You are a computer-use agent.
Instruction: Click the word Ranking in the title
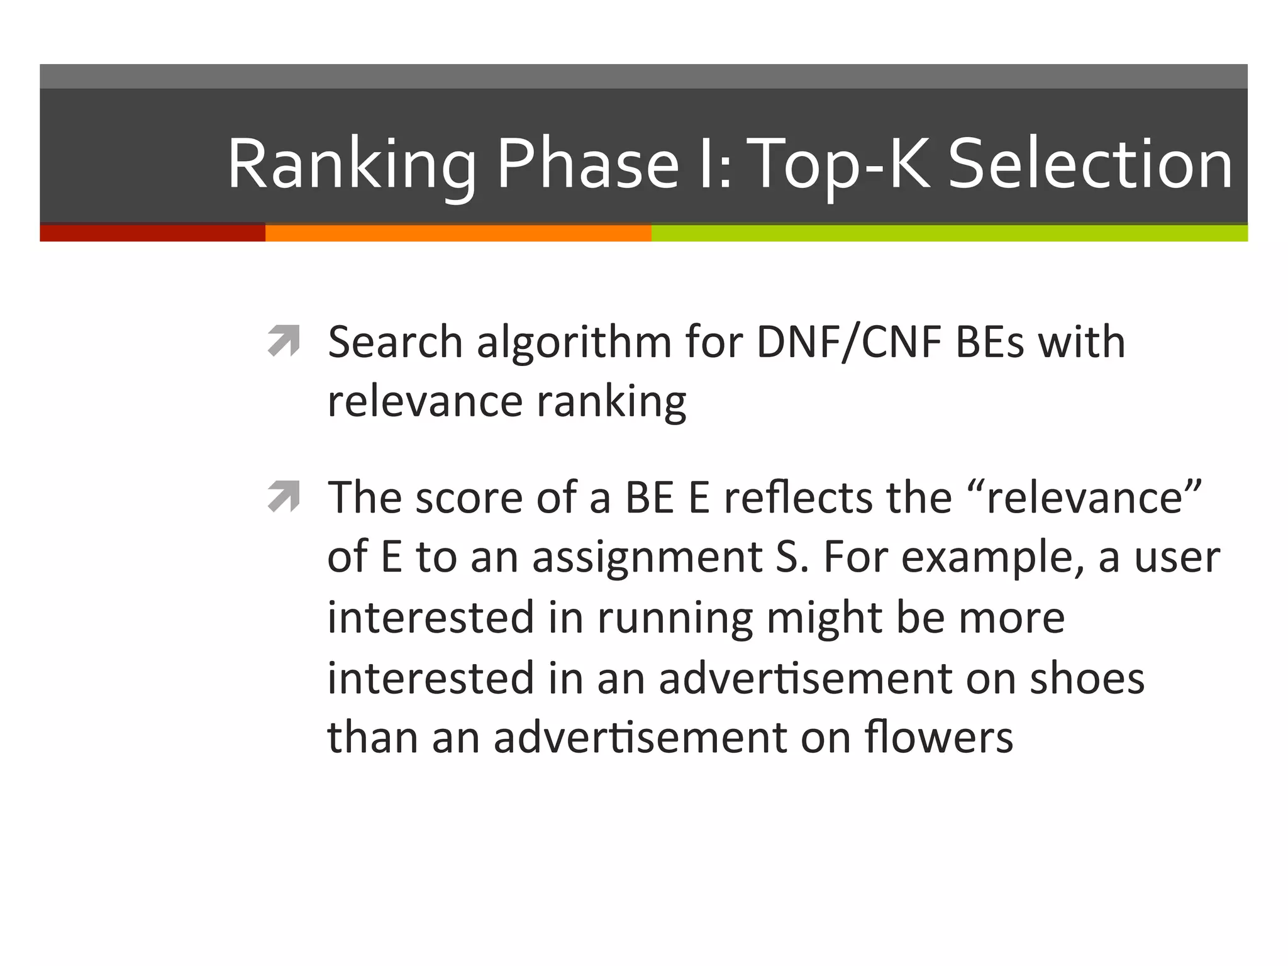tap(351, 165)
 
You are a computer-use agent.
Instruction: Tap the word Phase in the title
tap(587, 165)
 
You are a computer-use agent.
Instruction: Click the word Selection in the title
tap(1090, 165)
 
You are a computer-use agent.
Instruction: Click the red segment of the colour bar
tap(152, 233)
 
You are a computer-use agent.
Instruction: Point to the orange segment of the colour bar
tap(458, 233)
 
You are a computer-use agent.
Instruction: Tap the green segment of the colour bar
tap(949, 233)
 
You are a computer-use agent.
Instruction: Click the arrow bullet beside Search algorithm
tap(283, 341)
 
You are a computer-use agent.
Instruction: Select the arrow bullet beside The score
tap(283, 497)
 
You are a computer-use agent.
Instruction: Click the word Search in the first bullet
tap(395, 343)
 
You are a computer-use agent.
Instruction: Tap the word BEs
tap(990, 343)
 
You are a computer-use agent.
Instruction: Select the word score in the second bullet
tap(469, 497)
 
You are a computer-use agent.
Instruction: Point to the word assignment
tap(647, 558)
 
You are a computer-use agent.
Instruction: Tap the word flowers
tap(938, 737)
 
